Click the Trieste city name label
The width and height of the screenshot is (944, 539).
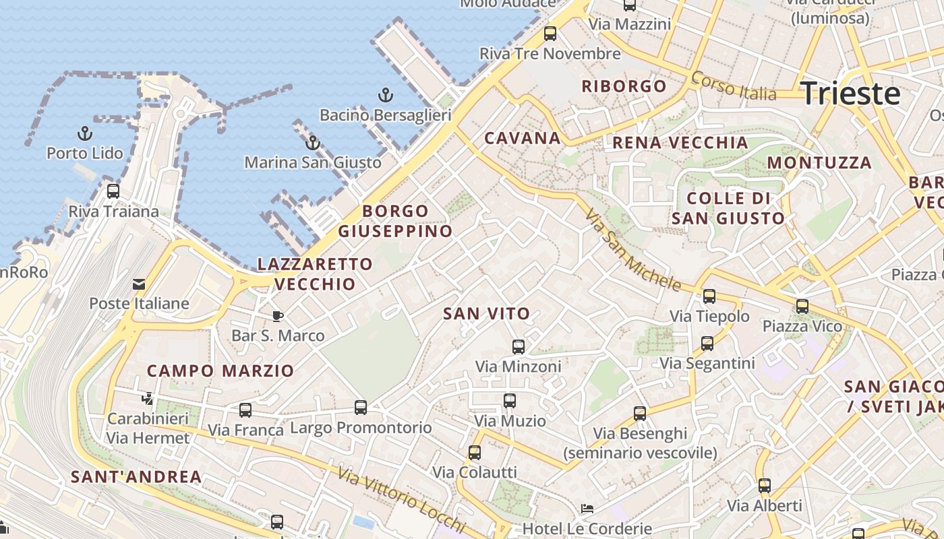tap(850, 93)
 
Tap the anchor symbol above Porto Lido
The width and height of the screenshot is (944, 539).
tap(85, 133)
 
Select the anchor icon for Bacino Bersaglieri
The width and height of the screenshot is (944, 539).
tap(386, 95)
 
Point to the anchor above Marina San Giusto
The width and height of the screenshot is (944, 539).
tap(312, 143)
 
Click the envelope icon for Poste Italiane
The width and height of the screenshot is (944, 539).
tap(139, 284)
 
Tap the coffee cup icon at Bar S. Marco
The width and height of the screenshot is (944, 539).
tap(277, 316)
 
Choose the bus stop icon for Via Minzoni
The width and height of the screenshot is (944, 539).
tap(518, 347)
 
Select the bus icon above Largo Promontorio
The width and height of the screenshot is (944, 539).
tap(361, 408)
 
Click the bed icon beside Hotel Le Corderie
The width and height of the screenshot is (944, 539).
tap(587, 509)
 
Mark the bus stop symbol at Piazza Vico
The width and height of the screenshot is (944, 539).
tap(802, 307)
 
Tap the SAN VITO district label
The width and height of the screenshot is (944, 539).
tap(487, 313)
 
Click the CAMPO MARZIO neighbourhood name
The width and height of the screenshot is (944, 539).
tap(220, 371)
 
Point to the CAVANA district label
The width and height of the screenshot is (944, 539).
tap(523, 138)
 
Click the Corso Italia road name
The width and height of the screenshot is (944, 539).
tap(734, 86)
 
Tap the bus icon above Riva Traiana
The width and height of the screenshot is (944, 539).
tap(113, 191)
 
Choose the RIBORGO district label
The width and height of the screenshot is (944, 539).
tap(624, 86)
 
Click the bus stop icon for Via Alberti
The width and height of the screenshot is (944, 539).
tap(764, 486)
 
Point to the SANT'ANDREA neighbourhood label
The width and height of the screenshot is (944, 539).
tap(136, 477)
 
